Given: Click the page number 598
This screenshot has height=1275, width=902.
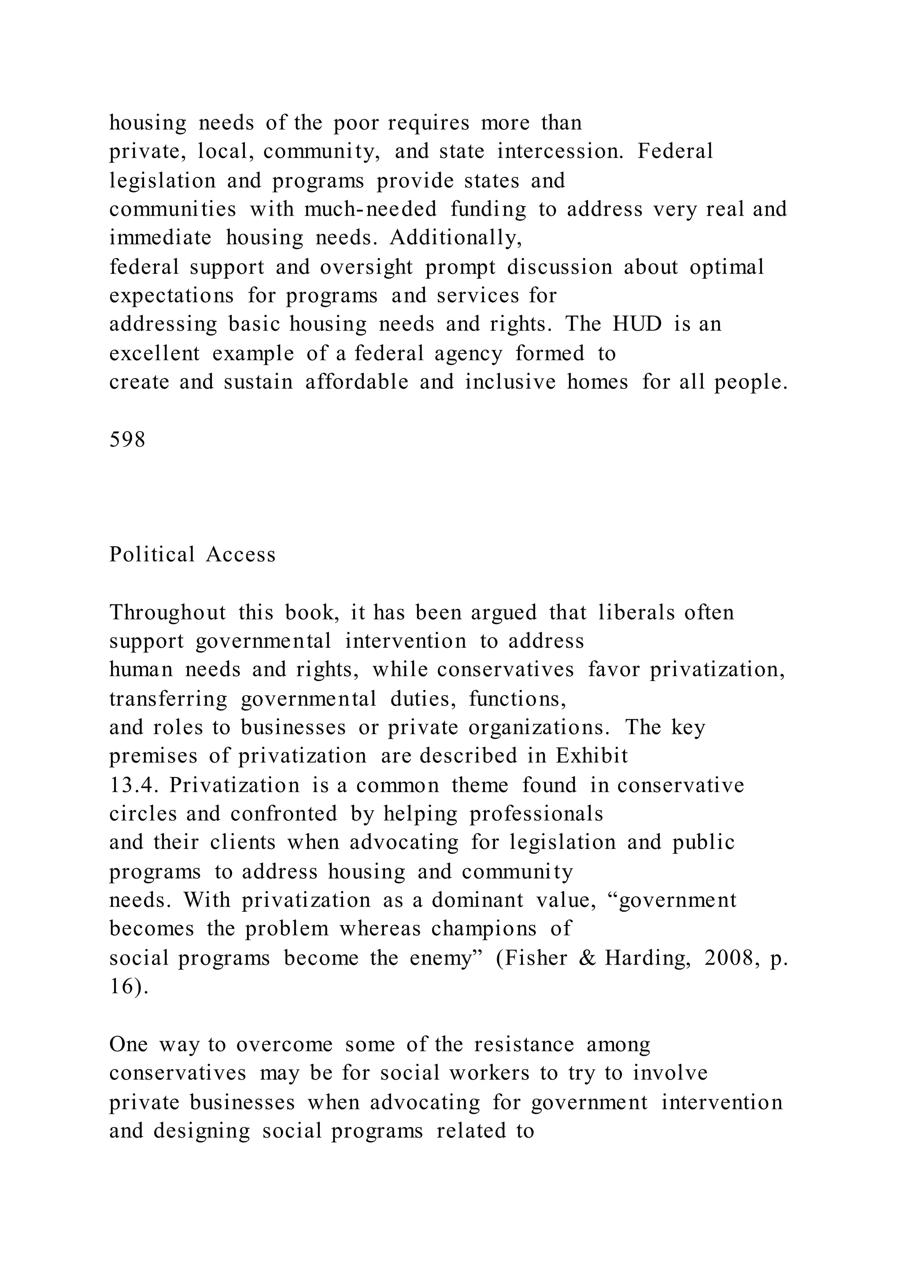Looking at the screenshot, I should tap(127, 440).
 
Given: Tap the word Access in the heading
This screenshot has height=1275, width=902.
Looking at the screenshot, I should tap(240, 555).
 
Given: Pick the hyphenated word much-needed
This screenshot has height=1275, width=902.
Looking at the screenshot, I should tap(370, 210).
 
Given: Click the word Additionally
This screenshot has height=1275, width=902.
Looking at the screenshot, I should tap(456, 238).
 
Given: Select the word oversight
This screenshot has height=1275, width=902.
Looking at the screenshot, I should tap(366, 267).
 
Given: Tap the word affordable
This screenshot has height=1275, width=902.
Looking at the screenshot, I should tap(357, 382).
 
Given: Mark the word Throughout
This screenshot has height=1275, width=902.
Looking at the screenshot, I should tap(168, 612).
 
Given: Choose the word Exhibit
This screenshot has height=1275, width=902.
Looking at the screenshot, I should tap(592, 756).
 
